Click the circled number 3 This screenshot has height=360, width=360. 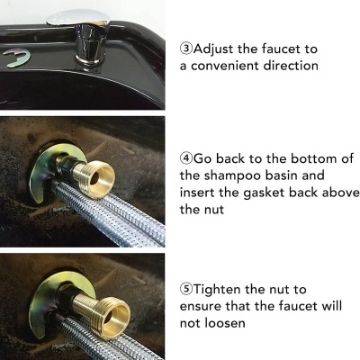click(186, 49)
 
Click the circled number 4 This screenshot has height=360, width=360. click(186, 158)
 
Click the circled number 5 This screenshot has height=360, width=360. click(186, 289)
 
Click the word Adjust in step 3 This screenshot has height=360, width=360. click(213, 49)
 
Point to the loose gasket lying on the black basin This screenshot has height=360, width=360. click(17, 57)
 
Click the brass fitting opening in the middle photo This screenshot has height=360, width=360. click(95, 178)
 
